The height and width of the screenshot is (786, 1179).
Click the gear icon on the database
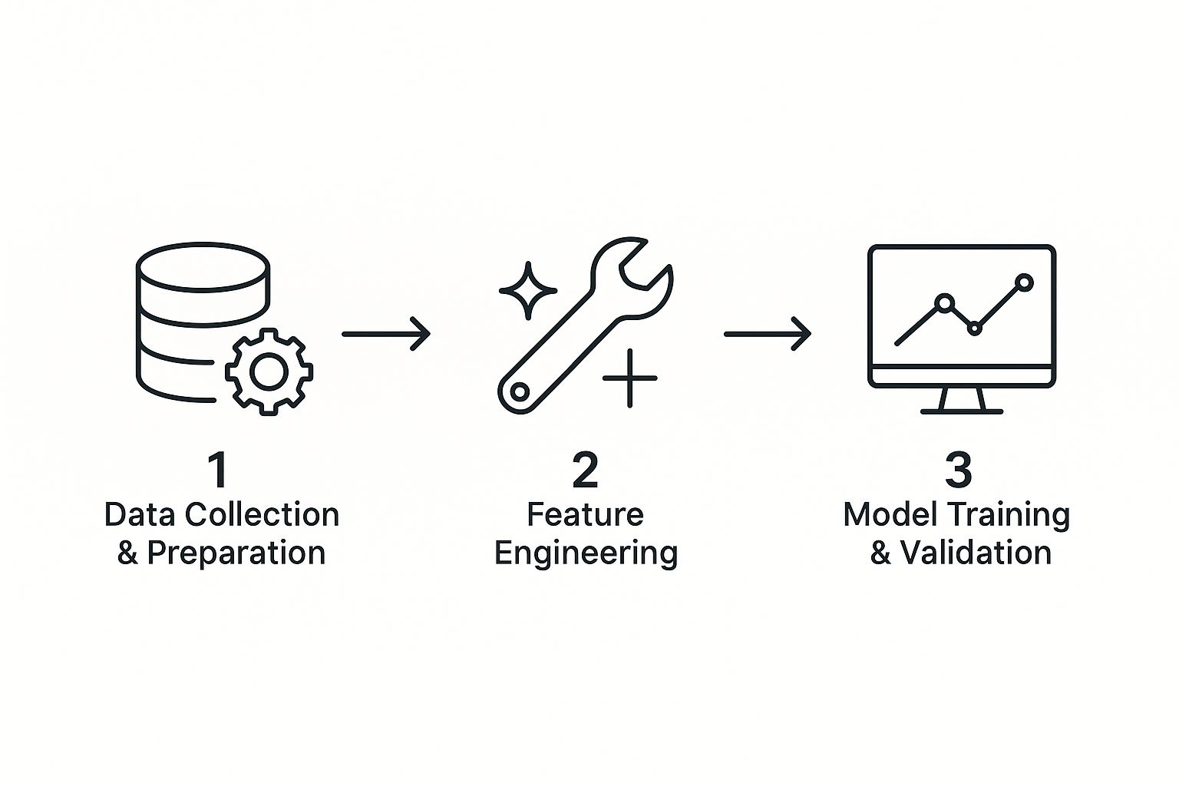(x=269, y=372)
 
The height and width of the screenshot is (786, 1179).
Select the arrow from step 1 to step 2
(x=385, y=334)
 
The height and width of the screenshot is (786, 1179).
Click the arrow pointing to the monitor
(x=767, y=334)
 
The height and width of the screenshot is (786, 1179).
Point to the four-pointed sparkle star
(x=528, y=291)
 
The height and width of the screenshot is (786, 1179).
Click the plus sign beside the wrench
(x=629, y=378)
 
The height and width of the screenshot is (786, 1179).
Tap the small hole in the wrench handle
(x=519, y=392)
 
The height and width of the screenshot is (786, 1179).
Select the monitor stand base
(x=962, y=411)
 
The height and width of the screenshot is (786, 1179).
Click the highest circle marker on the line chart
(x=1023, y=282)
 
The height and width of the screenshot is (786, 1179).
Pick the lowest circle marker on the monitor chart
(x=975, y=328)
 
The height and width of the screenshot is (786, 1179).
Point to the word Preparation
(x=236, y=553)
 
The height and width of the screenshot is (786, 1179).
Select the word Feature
(x=585, y=514)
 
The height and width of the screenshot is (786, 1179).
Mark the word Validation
(x=976, y=553)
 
